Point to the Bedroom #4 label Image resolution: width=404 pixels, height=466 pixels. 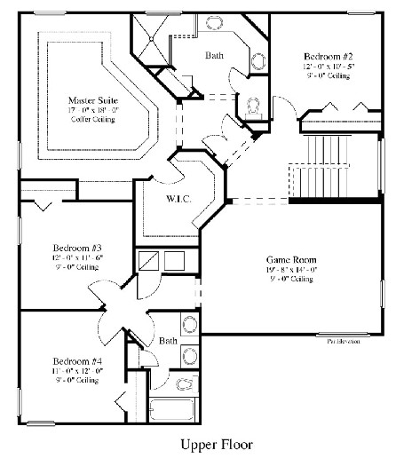(69, 361)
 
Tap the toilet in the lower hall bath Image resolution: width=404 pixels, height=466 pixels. (188, 383)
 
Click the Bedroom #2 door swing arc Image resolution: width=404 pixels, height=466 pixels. (282, 110)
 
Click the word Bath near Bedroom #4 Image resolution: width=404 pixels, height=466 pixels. (168, 341)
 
